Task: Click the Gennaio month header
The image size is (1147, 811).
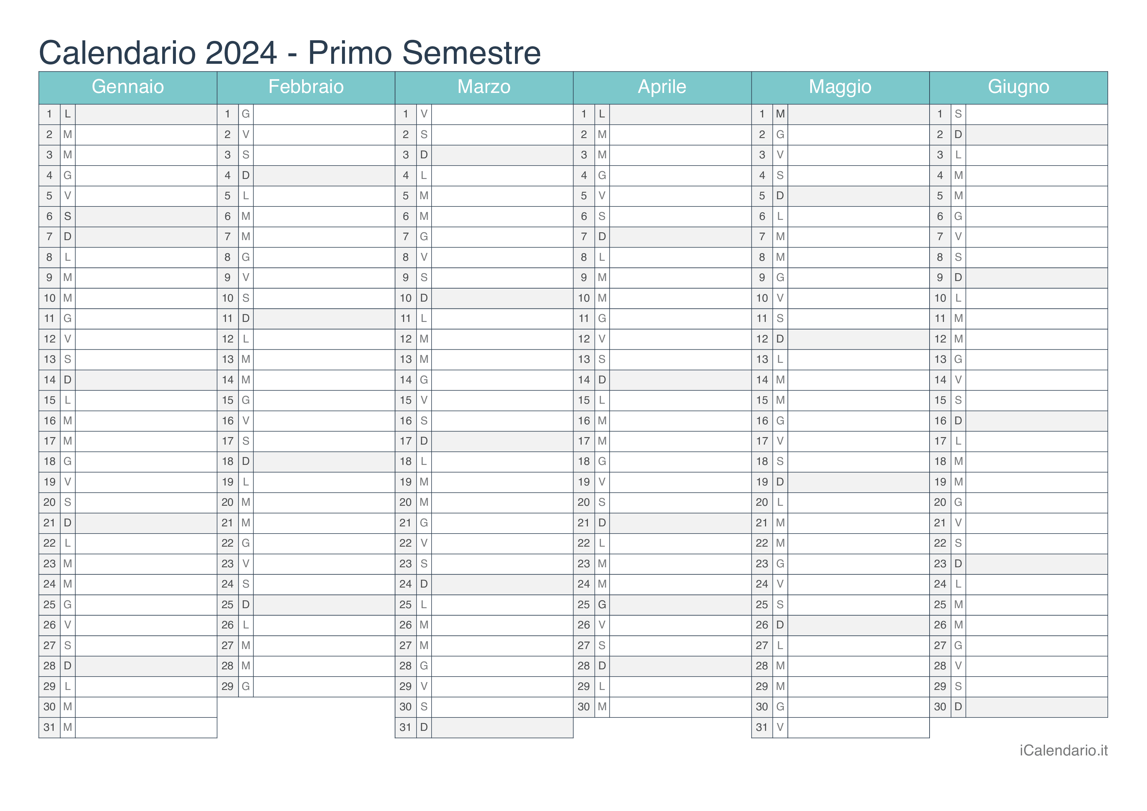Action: tap(128, 87)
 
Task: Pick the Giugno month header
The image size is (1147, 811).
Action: tap(1018, 87)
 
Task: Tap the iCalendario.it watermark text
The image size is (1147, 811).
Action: tap(1064, 750)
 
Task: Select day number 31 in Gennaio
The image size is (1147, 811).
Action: tap(49, 728)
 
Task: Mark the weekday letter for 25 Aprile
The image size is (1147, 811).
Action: tap(602, 605)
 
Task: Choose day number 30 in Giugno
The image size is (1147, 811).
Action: tap(940, 707)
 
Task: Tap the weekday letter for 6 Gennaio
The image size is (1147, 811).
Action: tap(67, 216)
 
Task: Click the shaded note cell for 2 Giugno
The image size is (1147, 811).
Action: tap(1036, 135)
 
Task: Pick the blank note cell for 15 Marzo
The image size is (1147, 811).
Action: tap(502, 400)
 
